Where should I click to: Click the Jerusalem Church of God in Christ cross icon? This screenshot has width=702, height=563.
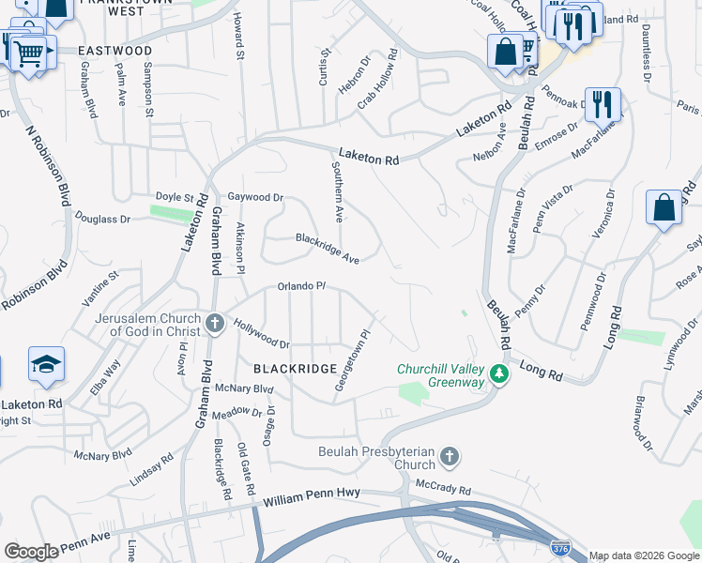[215, 325]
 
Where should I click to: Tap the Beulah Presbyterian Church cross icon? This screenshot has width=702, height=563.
[450, 457]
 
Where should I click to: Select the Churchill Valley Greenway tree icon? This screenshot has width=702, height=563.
[500, 375]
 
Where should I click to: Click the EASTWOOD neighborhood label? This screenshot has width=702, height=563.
[114, 50]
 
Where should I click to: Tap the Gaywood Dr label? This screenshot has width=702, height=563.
[255, 198]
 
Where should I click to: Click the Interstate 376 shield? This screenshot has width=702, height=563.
[559, 547]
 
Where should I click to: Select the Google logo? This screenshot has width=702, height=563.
[32, 551]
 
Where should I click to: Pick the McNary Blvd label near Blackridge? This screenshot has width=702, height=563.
[243, 388]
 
